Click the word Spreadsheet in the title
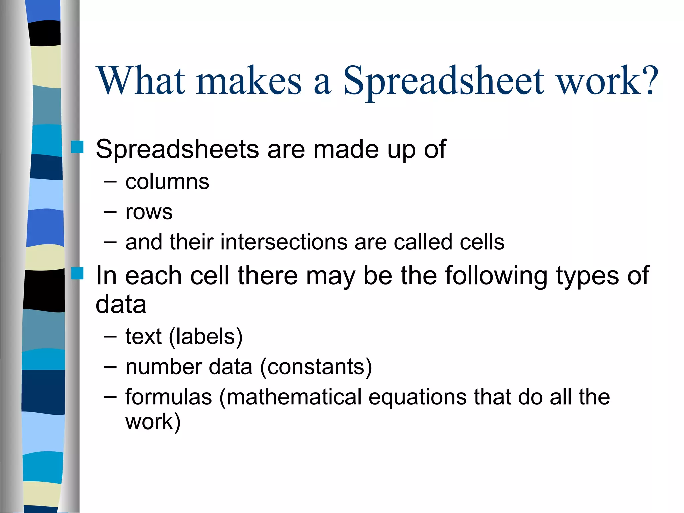(444, 81)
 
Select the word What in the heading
(140, 81)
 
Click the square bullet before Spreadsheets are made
(77, 147)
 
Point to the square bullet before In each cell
(77, 273)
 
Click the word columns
(167, 182)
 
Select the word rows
(149, 212)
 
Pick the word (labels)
(206, 337)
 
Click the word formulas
(169, 397)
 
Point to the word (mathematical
(291, 397)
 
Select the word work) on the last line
(153, 422)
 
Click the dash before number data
(110, 367)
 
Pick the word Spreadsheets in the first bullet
(177, 149)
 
